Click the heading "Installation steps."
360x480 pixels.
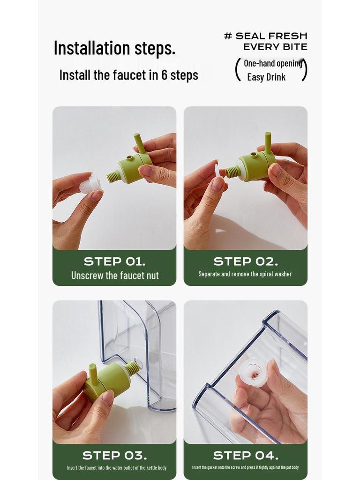tap(114, 48)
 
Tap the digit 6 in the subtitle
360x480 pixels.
tap(165, 75)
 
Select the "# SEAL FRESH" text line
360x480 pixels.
tap(266, 36)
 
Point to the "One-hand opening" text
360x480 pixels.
tap(273, 63)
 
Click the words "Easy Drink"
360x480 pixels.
tap(266, 77)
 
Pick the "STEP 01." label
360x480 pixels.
tap(114, 262)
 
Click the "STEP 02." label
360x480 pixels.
tap(246, 262)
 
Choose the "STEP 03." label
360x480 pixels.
tap(114, 456)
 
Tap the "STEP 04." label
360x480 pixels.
tap(246, 456)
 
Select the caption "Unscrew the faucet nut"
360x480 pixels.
tap(115, 276)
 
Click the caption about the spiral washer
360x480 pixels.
tap(245, 274)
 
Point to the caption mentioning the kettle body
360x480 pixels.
tap(117, 468)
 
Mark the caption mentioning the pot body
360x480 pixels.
tap(245, 467)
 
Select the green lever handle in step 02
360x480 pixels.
tap(268, 142)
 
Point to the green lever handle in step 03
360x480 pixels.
tap(92, 374)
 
